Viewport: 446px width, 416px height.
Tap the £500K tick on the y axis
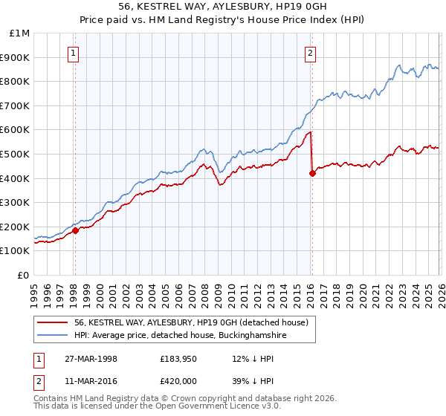(15, 154)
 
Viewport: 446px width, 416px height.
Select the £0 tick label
(24, 275)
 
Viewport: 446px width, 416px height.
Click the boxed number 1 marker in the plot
(74, 53)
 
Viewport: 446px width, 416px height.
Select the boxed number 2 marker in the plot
(310, 53)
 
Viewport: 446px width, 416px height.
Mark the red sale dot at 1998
(75, 230)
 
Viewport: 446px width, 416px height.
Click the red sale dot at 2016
(312, 173)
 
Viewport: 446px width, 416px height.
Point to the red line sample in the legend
(53, 322)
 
